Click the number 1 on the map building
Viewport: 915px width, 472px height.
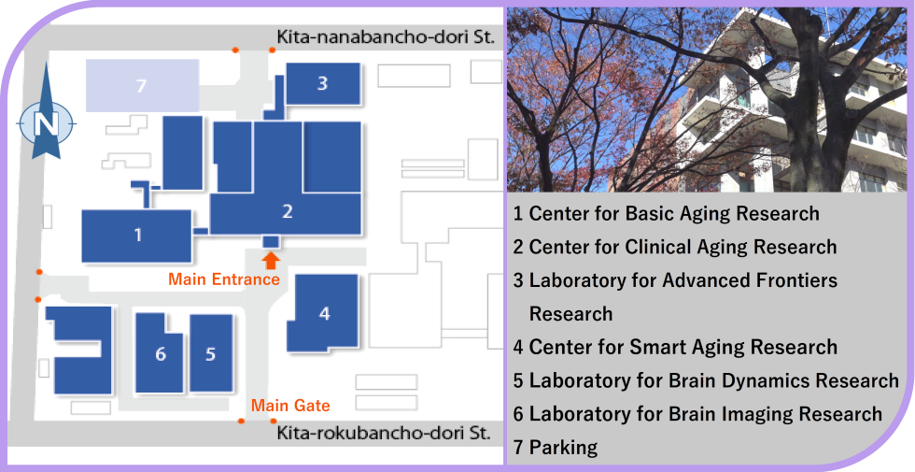tap(138, 235)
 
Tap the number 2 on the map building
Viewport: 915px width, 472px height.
tap(288, 211)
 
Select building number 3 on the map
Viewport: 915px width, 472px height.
tap(322, 83)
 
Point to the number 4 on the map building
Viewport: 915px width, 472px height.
tap(325, 314)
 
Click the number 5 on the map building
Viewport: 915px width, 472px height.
tap(211, 353)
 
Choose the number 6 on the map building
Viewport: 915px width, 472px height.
tap(161, 353)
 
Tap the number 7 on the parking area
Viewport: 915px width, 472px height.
tap(141, 86)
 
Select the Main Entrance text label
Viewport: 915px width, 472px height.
tap(224, 279)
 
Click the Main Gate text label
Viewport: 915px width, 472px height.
tap(290, 406)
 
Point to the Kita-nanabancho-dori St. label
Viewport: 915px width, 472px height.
tap(386, 38)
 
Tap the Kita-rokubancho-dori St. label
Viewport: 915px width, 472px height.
tap(384, 434)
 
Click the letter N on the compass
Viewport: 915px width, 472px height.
tap(46, 124)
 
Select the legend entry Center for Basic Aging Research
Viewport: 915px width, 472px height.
tap(667, 214)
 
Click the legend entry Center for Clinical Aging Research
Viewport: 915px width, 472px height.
tap(675, 247)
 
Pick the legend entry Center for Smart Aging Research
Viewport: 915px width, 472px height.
tap(676, 347)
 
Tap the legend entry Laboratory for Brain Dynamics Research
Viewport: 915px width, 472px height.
tap(706, 380)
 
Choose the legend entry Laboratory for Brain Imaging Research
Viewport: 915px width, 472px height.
tap(698, 414)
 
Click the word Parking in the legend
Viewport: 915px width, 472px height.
tap(563, 448)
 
